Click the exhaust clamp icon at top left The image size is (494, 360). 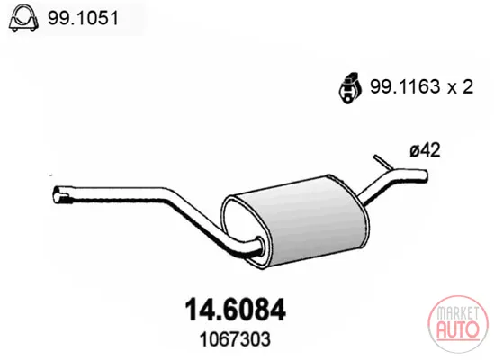[x=24, y=18]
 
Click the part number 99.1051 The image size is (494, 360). [x=83, y=18]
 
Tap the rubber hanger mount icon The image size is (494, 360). [x=350, y=88]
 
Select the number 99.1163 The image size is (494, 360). [x=405, y=86]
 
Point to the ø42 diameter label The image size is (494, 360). [x=425, y=150]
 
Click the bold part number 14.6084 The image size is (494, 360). [x=236, y=310]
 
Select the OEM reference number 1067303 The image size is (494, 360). [x=235, y=339]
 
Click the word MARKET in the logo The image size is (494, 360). [x=457, y=312]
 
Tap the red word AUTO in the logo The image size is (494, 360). [x=458, y=328]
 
